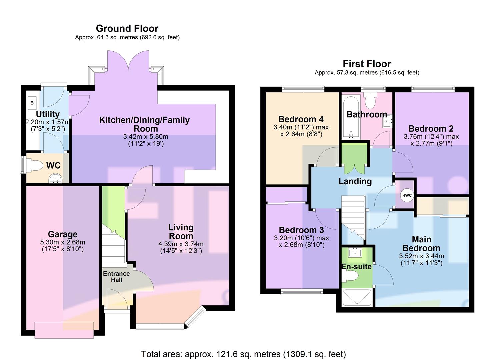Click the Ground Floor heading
[x=127, y=29]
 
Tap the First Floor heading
[x=367, y=64]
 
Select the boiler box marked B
[x=32, y=103]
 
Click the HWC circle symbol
[x=407, y=195]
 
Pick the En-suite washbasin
[x=355, y=252]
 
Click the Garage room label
[x=63, y=234]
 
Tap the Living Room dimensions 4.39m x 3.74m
[x=181, y=244]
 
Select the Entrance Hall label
[x=116, y=277]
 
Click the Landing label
[x=355, y=181]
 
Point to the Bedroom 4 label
[x=301, y=119]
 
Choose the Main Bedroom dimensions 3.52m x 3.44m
[x=421, y=256]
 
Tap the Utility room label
[x=48, y=114]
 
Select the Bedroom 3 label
[x=301, y=230]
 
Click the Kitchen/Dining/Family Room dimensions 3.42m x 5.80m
[x=146, y=137]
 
